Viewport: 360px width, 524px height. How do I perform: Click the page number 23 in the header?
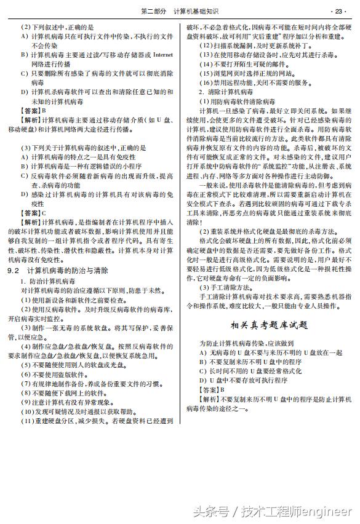pos(339,11)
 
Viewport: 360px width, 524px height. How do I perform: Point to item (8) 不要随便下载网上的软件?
pos(65,393)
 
